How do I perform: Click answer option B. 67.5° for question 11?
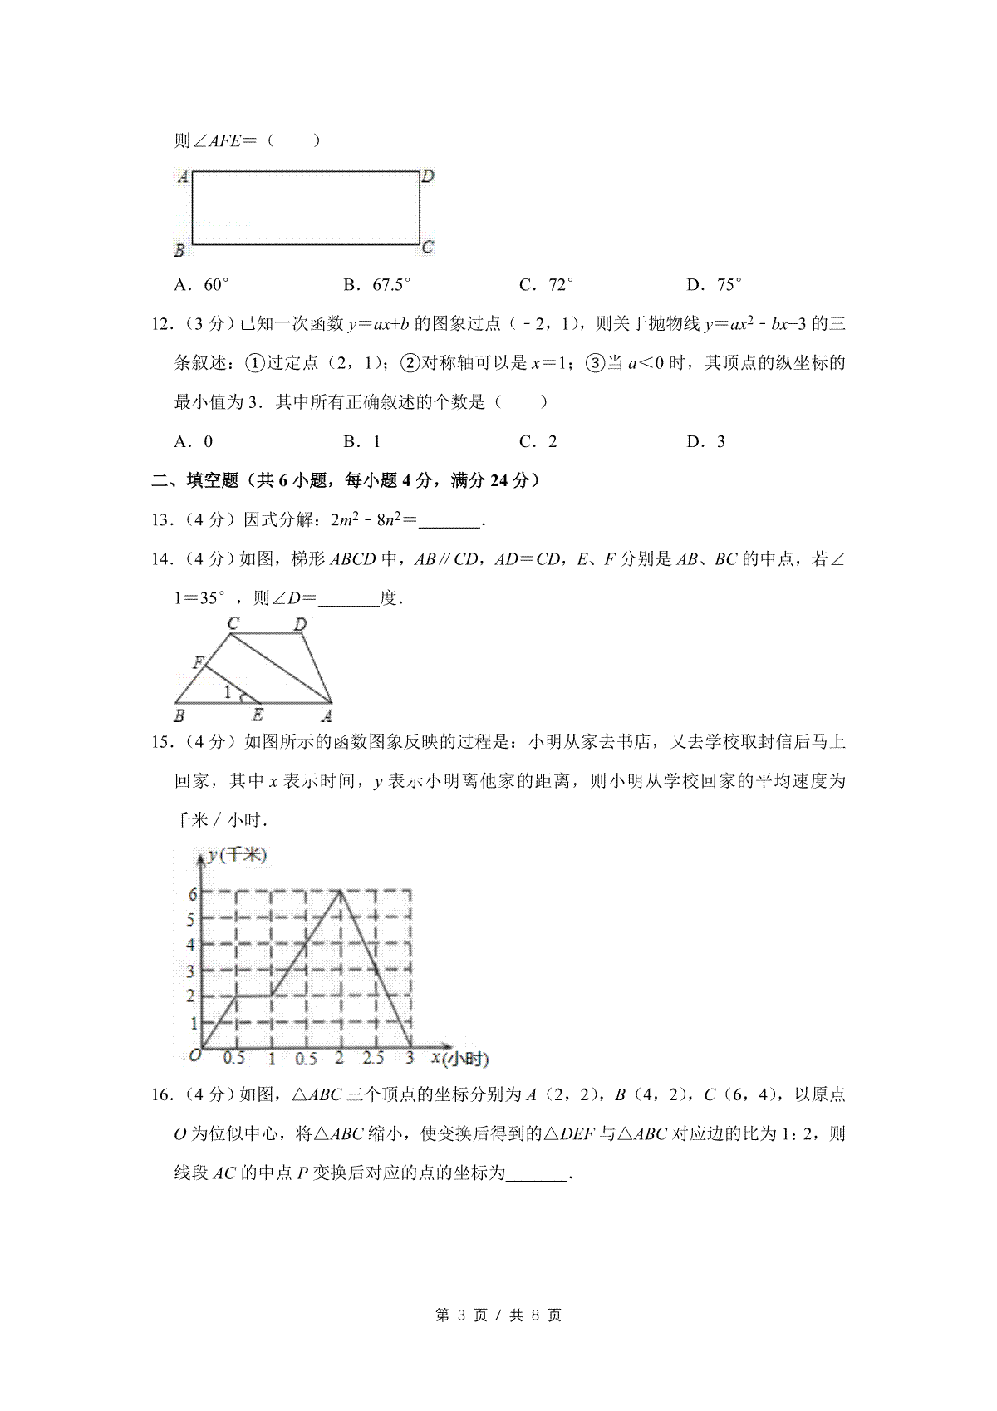click(x=377, y=285)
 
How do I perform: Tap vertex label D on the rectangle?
click(x=428, y=176)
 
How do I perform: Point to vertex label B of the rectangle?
click(x=179, y=250)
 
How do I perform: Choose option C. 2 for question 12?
click(x=538, y=441)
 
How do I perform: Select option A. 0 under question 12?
click(x=194, y=441)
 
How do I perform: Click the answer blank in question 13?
click(x=449, y=521)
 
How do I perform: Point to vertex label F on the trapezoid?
click(x=198, y=662)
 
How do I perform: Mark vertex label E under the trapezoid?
click(x=258, y=715)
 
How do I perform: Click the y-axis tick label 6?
click(x=192, y=894)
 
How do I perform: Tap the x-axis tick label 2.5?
click(x=374, y=1058)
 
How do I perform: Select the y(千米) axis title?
click(x=238, y=855)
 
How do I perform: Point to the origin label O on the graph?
click(x=194, y=1056)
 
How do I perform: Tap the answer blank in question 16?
click(x=537, y=1173)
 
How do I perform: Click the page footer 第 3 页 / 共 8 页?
click(x=498, y=1315)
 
